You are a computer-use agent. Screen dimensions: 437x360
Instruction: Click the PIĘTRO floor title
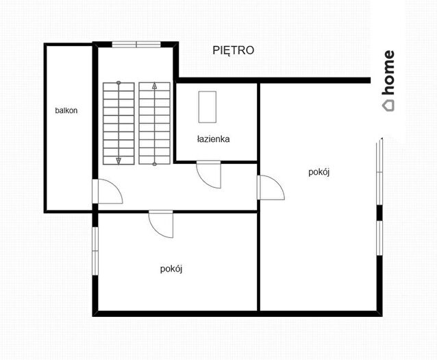[x=234, y=51]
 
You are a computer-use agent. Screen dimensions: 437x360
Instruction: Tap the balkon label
[x=66, y=110]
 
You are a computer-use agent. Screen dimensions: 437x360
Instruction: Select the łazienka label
[x=213, y=139]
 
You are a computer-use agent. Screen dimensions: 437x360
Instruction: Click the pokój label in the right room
[x=319, y=172]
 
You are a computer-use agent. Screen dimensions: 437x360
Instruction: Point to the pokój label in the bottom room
[x=171, y=269]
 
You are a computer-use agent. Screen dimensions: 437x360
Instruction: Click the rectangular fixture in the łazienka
[x=207, y=107]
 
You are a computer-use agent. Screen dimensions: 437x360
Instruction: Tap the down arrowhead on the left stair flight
[x=118, y=160]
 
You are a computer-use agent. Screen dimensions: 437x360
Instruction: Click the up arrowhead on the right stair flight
[x=154, y=86]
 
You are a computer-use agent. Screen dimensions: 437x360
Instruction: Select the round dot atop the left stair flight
[x=118, y=82]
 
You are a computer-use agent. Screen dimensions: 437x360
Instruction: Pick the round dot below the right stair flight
[x=154, y=164]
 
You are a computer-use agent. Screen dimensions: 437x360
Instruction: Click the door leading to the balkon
[x=108, y=191]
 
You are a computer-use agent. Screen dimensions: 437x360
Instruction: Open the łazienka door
[x=209, y=175]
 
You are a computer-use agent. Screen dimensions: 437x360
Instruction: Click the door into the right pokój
[x=271, y=187]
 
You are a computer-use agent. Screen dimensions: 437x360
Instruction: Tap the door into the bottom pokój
[x=161, y=224]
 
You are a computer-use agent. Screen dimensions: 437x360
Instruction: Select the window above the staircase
[x=136, y=45]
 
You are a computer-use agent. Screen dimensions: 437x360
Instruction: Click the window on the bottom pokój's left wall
[x=95, y=251]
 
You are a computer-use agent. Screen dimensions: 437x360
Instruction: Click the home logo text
[x=388, y=72]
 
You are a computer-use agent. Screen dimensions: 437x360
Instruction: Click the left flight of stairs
[x=118, y=123]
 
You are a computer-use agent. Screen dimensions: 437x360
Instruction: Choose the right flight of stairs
[x=155, y=123]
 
